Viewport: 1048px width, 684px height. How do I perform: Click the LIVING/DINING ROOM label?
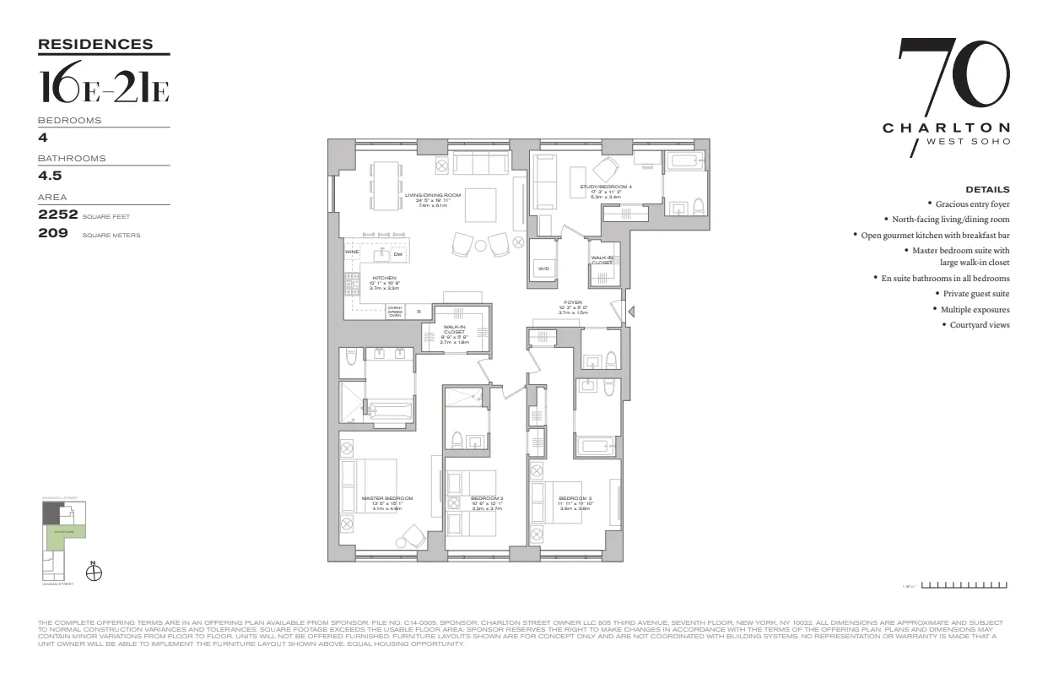coord(433,195)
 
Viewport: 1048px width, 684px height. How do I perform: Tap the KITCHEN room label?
coord(384,278)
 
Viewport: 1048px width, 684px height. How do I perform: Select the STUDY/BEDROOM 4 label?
coord(600,187)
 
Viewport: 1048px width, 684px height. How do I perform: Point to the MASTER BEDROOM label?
coord(387,498)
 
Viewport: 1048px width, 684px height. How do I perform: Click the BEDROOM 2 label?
coord(487,498)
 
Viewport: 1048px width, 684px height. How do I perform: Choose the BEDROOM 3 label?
coord(575,498)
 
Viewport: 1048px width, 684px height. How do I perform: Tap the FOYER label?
coord(572,302)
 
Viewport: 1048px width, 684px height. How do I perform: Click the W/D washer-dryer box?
coord(543,269)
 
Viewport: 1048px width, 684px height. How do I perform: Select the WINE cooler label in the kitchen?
coord(352,252)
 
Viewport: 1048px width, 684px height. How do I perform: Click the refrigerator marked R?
coord(419,312)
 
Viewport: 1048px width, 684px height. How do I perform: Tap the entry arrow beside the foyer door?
coord(631,312)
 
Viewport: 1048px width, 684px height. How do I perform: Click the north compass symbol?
coord(95,573)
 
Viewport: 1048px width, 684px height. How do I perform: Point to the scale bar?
coord(964,584)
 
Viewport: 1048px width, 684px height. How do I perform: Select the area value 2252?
coord(57,214)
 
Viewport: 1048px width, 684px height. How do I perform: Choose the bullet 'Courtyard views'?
coord(980,325)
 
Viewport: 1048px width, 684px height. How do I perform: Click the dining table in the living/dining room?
coord(386,186)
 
